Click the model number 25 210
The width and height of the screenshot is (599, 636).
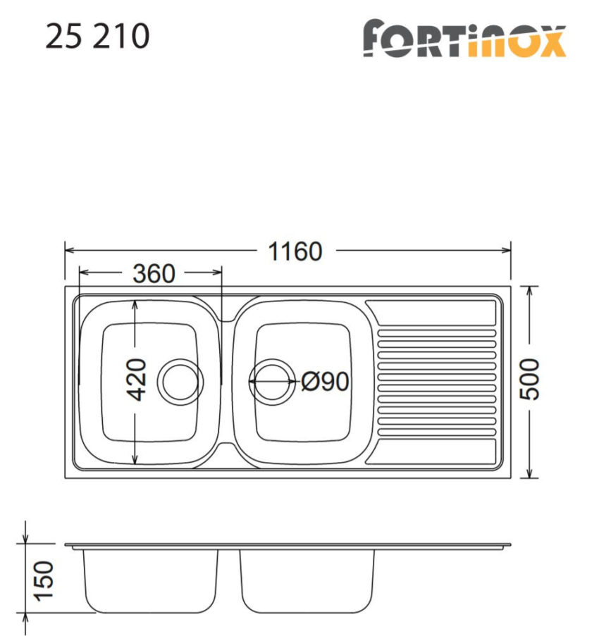[97, 36]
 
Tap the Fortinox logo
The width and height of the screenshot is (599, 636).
[464, 39]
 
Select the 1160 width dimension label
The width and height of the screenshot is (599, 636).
[295, 251]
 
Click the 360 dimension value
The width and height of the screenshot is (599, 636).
[153, 274]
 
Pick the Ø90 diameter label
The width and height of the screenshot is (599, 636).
[325, 382]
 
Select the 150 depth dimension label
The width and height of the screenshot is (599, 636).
[42, 580]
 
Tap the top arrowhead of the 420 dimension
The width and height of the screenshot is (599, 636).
[136, 304]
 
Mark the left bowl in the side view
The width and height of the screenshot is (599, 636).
[151, 580]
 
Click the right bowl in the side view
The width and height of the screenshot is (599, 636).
[307, 580]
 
